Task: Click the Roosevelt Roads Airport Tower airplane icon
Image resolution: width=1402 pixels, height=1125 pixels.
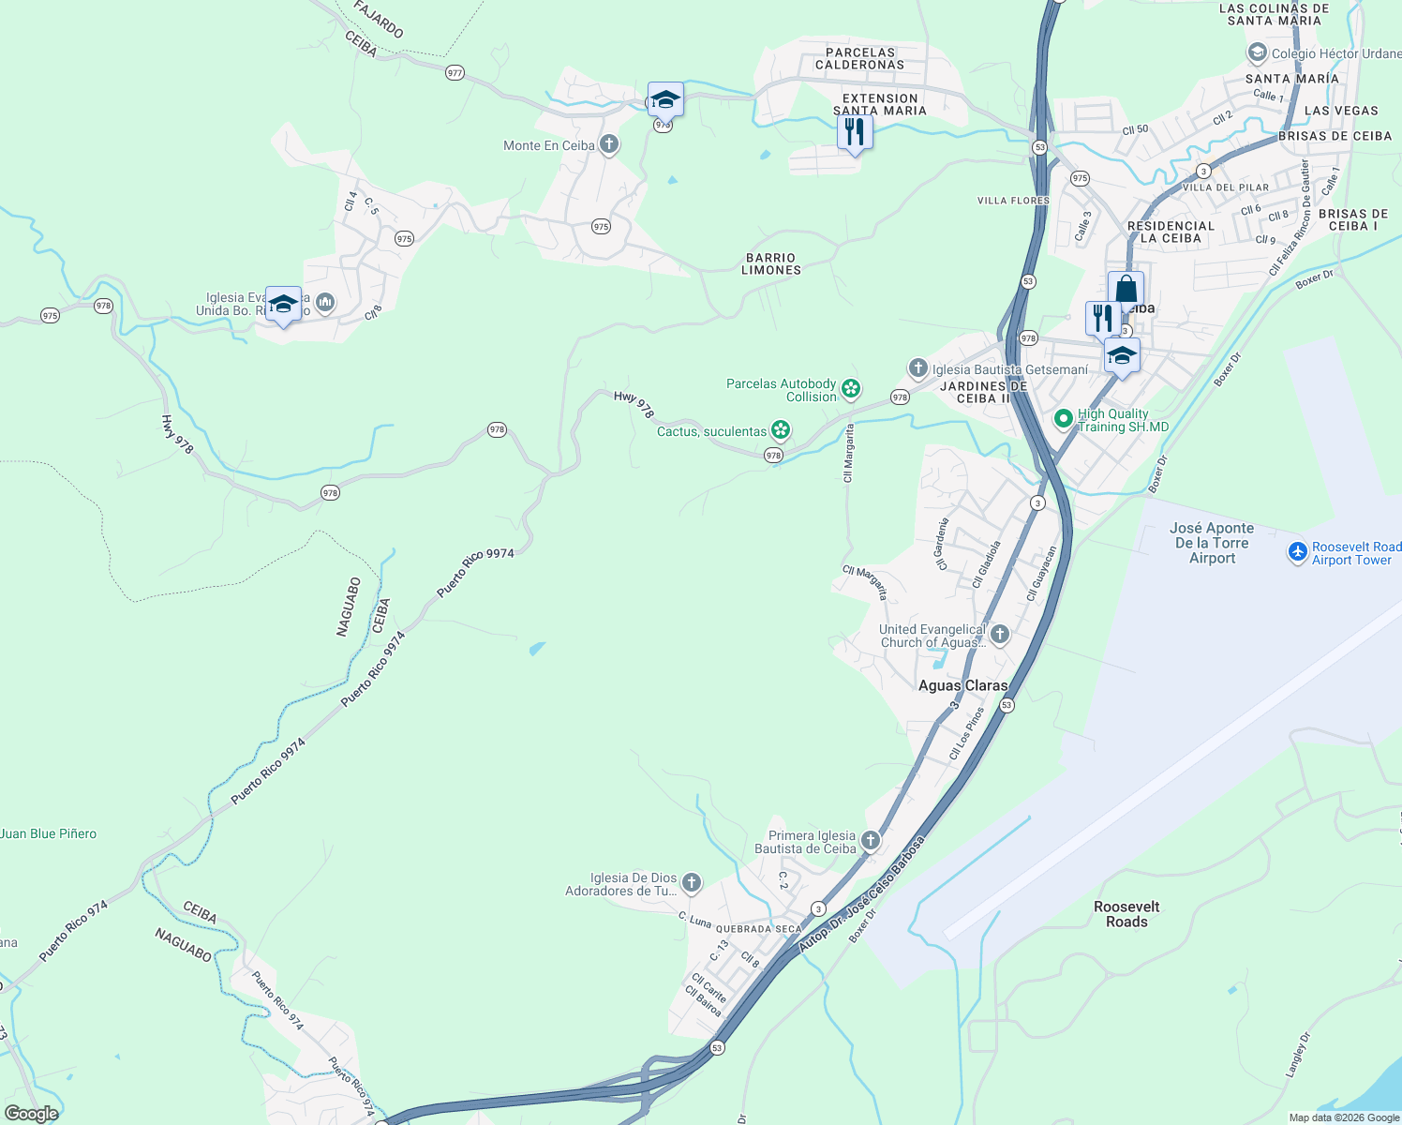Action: click(x=1298, y=552)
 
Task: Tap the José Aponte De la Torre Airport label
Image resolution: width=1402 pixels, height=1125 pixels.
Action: click(x=1212, y=544)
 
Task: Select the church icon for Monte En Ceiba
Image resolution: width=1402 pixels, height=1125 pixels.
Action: click(x=609, y=144)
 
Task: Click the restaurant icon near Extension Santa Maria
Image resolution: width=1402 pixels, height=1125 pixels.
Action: click(x=854, y=132)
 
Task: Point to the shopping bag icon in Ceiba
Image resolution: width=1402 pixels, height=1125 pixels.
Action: click(x=1126, y=290)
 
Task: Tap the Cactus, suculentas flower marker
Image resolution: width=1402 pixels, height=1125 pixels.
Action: click(x=781, y=430)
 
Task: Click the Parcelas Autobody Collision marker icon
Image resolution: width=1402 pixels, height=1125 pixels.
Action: click(x=850, y=389)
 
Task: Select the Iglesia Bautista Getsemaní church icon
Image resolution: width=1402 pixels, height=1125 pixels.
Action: click(x=917, y=368)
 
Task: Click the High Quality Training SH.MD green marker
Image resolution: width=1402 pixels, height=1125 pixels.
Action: click(x=1063, y=419)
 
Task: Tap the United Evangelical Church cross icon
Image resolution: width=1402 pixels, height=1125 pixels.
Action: click(x=1000, y=635)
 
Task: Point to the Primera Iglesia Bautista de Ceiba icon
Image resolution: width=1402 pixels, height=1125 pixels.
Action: click(x=871, y=841)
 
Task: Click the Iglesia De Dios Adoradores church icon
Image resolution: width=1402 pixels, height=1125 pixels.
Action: click(x=692, y=883)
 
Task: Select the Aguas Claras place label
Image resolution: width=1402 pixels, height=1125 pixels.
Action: click(x=962, y=685)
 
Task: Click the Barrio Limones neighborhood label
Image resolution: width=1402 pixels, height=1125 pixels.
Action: click(x=771, y=263)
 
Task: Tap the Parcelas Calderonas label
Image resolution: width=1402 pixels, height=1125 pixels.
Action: click(x=859, y=59)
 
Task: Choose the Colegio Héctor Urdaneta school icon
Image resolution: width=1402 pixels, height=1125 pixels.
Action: click(x=1257, y=53)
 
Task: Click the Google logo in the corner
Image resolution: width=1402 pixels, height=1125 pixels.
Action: click(x=32, y=1113)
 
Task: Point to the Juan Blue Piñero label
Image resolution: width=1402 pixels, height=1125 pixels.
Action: click(x=49, y=833)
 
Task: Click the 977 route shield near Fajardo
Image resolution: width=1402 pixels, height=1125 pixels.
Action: click(x=455, y=73)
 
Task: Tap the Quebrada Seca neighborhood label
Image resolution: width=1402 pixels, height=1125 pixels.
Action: click(x=759, y=929)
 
